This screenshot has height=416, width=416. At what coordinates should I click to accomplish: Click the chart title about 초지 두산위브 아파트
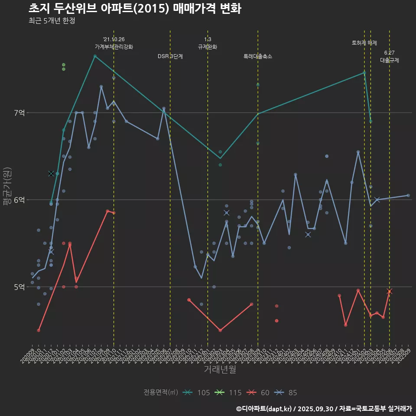click(x=135, y=9)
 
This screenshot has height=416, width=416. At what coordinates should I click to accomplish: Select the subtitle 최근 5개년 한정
click(x=52, y=21)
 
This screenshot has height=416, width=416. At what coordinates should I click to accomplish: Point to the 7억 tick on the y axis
click(x=19, y=113)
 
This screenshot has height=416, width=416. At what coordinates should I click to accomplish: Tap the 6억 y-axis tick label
click(x=19, y=200)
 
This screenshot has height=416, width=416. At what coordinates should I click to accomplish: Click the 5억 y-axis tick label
click(x=19, y=287)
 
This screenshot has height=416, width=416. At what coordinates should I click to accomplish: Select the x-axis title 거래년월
click(x=220, y=370)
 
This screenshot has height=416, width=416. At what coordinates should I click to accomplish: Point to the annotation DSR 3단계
click(x=170, y=56)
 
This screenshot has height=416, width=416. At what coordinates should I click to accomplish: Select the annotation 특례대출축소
click(x=258, y=56)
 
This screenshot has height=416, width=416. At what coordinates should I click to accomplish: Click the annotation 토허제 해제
click(x=364, y=43)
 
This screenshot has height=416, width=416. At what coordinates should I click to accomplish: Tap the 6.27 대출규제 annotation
click(x=389, y=56)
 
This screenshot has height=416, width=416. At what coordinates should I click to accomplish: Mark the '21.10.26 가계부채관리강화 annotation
click(x=114, y=43)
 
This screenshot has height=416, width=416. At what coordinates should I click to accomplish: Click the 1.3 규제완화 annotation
click(x=208, y=43)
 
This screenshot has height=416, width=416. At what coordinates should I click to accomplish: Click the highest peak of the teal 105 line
click(x=95, y=56)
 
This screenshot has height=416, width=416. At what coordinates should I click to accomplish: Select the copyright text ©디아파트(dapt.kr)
click(x=264, y=408)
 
